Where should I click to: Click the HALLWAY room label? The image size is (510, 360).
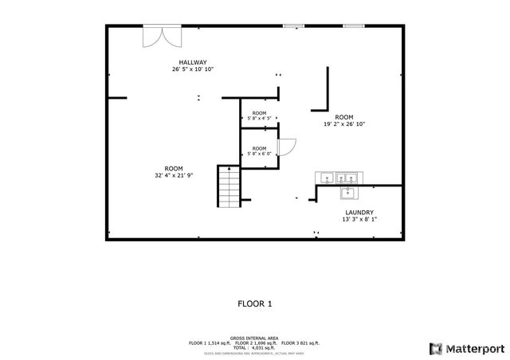pyautogui.click(x=193, y=62)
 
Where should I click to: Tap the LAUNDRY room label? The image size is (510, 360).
pyautogui.click(x=359, y=213)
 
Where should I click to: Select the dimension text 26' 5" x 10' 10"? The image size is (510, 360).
pyautogui.click(x=193, y=69)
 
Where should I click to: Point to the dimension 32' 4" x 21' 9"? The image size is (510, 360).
pyautogui.click(x=174, y=175)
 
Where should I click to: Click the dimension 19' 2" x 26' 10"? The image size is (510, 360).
pyautogui.click(x=344, y=124)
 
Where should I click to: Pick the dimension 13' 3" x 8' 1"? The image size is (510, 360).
pyautogui.click(x=359, y=220)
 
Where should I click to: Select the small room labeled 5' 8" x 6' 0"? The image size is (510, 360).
pyautogui.click(x=260, y=151)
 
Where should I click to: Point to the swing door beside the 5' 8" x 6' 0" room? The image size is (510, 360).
pyautogui.click(x=288, y=147)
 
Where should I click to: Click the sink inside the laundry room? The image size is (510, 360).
pyautogui.click(x=348, y=193)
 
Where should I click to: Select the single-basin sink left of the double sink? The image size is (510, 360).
pyautogui.click(x=324, y=178)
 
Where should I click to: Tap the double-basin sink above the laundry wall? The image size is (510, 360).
pyautogui.click(x=347, y=178)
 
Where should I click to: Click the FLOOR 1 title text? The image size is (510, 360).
pyautogui.click(x=255, y=303)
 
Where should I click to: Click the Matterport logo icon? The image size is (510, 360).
pyautogui.click(x=434, y=348)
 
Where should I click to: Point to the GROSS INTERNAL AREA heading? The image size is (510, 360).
pyautogui.click(x=255, y=338)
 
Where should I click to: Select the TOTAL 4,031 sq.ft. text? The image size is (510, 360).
pyautogui.click(x=255, y=347)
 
